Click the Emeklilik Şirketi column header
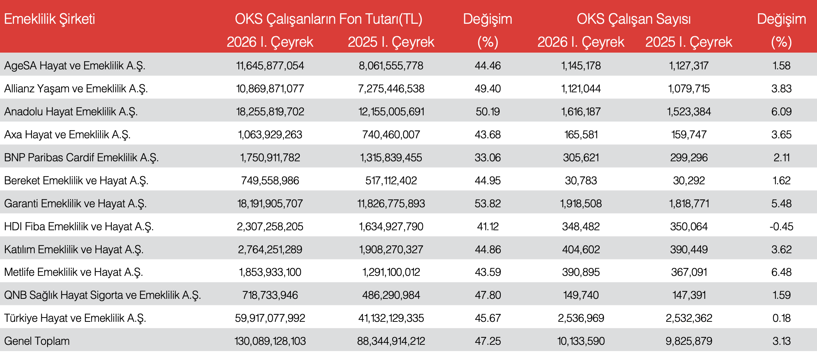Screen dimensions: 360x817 49,19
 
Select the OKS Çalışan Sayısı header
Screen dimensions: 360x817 634,19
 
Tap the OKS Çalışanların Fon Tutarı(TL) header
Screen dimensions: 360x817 328,19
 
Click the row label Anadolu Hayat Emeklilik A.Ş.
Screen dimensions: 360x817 71,112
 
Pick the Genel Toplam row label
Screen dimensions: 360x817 37,341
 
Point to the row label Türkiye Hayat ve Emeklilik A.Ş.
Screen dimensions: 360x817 75,318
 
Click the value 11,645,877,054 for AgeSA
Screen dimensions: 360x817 270,66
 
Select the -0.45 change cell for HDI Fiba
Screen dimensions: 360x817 781,227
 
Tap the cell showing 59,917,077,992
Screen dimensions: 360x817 270,318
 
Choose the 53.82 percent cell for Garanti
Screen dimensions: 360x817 488,204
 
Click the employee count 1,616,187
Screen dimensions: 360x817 581,112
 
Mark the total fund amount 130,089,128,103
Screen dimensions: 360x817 270,341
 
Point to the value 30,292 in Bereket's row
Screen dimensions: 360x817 688,181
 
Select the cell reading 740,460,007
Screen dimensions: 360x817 391,135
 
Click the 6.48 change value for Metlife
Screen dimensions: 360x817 781,272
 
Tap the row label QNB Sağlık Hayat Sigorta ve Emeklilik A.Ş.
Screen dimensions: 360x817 102,295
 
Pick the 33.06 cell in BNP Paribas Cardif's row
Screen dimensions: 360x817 488,158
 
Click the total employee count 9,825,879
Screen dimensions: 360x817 688,341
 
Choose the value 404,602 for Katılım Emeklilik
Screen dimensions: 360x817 581,250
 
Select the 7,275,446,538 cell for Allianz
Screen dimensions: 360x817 391,89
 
